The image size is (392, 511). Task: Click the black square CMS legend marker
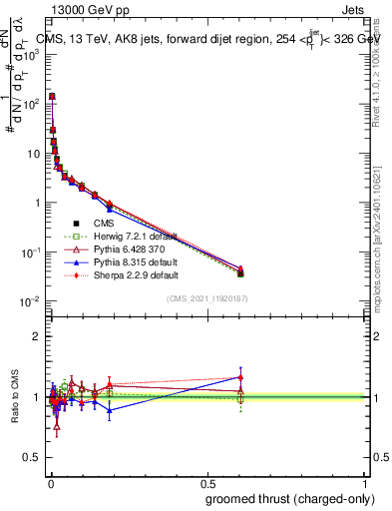pyautogui.click(x=75, y=223)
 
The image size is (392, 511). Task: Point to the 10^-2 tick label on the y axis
pyautogui.click(x=30, y=301)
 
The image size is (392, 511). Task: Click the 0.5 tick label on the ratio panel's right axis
pyautogui.click(x=377, y=458)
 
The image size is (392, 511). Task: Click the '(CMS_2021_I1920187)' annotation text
pyautogui.click(x=208, y=298)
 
